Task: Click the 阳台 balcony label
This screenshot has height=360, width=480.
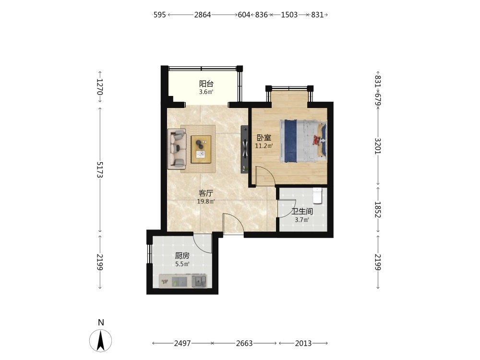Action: pyautogui.click(x=206, y=84)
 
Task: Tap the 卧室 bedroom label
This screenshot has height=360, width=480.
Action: pyautogui.click(x=264, y=138)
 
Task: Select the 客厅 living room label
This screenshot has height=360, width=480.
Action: pyautogui.click(x=206, y=193)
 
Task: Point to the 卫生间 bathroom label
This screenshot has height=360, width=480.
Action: pyautogui.click(x=302, y=211)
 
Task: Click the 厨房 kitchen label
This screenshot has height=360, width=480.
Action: pyautogui.click(x=182, y=256)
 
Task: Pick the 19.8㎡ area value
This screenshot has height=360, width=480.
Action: pyautogui.click(x=206, y=202)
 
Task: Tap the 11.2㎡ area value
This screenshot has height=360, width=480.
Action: pyautogui.click(x=264, y=146)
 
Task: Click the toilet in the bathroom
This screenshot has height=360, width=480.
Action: pyautogui.click(x=317, y=196)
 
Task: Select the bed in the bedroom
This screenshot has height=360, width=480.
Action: pyautogui.click(x=303, y=141)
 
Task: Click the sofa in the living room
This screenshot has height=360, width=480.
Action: pyautogui.click(x=177, y=149)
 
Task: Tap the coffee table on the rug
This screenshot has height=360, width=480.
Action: pyautogui.click(x=201, y=149)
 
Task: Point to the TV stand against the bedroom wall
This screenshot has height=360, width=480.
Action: pyautogui.click(x=244, y=149)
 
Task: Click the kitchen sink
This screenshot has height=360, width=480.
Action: pyautogui.click(x=199, y=281)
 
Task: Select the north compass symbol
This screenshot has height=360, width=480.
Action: pyautogui.click(x=100, y=340)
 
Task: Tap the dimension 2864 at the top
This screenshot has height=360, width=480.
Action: pyautogui.click(x=203, y=15)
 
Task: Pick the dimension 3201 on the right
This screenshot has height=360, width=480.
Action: pyautogui.click(x=378, y=146)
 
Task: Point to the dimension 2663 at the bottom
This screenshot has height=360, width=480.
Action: pyautogui.click(x=244, y=343)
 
